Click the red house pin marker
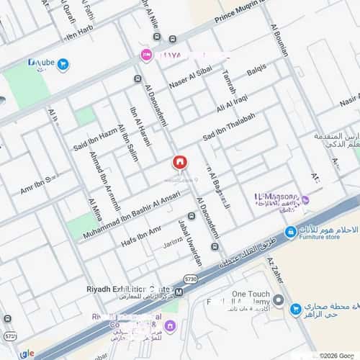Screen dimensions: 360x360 coord(179,163)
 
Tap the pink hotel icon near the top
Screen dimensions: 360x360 coord(146,55)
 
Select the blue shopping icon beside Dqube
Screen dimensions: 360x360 coord(63,65)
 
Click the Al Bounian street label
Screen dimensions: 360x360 coord(280,41)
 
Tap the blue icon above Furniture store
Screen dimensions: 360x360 coord(289,231)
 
